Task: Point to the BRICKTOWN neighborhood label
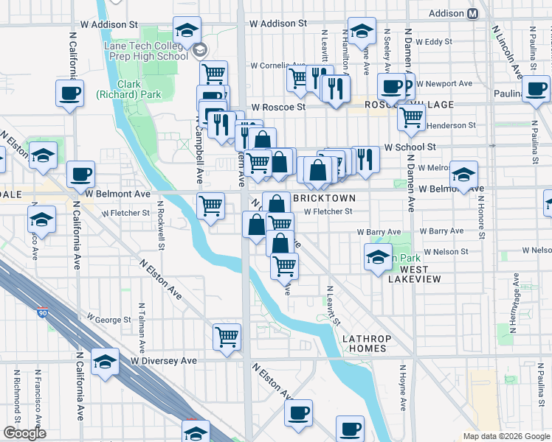point(324,199)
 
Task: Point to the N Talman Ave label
point(140,327)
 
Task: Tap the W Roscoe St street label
point(277,107)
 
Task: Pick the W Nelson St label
point(444,251)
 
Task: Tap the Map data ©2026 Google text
point(506,436)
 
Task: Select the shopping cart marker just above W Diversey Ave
point(227,337)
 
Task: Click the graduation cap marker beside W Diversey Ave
point(106,362)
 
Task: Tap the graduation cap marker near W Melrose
point(463,175)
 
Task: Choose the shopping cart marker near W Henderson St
point(411,116)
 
